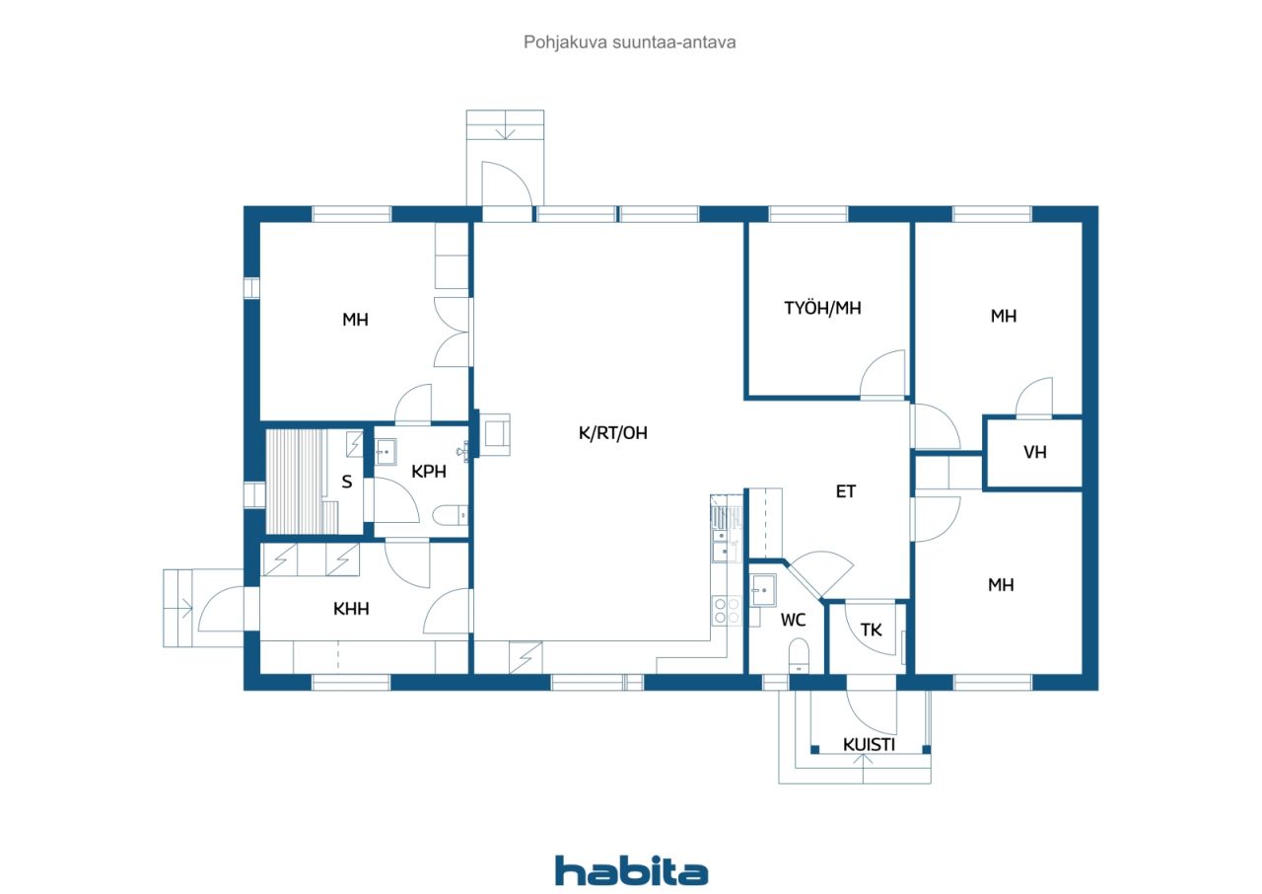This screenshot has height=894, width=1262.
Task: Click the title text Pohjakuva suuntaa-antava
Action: [629, 42]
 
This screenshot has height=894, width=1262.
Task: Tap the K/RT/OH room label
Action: [613, 433]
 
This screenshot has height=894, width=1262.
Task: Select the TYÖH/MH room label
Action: [822, 308]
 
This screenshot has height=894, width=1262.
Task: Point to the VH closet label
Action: [1035, 452]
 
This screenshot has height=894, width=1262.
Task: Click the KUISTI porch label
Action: [869, 745]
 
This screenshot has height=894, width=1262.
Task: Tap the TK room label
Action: [871, 630]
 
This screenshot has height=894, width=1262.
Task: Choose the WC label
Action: [793, 620]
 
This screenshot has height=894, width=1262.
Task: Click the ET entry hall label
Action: [846, 491]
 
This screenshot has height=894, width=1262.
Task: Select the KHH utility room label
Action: [351, 609]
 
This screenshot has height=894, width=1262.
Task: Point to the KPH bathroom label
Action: [428, 472]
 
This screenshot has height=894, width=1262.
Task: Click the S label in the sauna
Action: [347, 482]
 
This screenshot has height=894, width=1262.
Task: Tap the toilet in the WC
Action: [799, 655]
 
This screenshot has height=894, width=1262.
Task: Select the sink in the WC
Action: [763, 590]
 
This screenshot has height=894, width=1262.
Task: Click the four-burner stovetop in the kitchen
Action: [727, 611]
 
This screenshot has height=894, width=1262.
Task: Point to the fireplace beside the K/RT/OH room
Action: [495, 434]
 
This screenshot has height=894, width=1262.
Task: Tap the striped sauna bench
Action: [296, 482]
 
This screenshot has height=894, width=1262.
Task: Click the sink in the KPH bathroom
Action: [386, 452]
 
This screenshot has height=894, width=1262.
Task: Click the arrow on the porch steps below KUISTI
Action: [863, 761]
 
